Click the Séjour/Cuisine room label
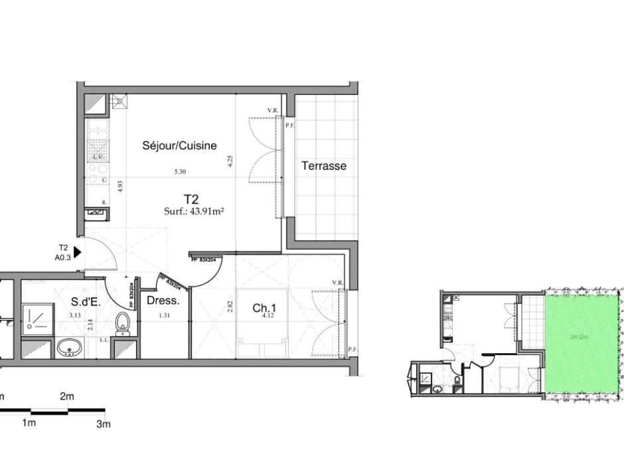pos(179,146)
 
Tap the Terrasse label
pos(324,166)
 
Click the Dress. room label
pos(160,301)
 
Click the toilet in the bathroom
pos(122,323)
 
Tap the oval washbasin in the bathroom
pos(69,347)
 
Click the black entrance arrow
pos(77,252)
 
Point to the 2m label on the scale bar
pos(67,397)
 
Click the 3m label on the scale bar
pos(103,424)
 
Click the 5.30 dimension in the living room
pos(179,172)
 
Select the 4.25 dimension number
pos(230,162)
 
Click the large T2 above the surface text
pos(192,198)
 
